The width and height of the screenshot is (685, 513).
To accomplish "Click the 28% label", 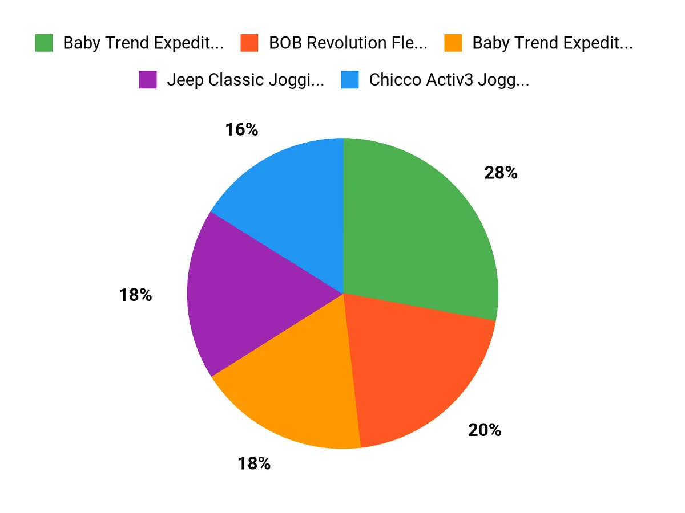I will pyautogui.click(x=501, y=173).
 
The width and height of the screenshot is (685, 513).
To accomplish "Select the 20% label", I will pyautogui.click(x=485, y=430).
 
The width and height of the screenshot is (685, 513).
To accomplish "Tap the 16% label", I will pyautogui.click(x=241, y=130).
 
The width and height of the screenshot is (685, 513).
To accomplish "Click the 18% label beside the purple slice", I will pyautogui.click(x=135, y=295).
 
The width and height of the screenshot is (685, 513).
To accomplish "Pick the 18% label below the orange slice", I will pyautogui.click(x=254, y=463).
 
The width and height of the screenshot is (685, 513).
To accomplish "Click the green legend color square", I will pyautogui.click(x=44, y=43).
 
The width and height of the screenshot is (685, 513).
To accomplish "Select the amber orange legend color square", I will pyautogui.click(x=453, y=43).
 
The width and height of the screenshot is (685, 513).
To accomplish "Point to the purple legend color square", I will pyautogui.click(x=148, y=80).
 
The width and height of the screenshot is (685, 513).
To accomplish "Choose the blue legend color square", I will pyautogui.click(x=350, y=80).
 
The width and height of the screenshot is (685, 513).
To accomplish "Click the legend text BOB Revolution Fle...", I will pyautogui.click(x=348, y=43).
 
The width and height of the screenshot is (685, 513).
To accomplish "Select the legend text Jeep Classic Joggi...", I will pyautogui.click(x=245, y=80).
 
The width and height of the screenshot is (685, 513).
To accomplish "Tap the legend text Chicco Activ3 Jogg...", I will pyautogui.click(x=449, y=80).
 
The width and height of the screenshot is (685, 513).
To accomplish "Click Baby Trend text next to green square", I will pyautogui.click(x=143, y=43).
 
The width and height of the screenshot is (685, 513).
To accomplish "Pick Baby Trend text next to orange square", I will pyautogui.click(x=552, y=43).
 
